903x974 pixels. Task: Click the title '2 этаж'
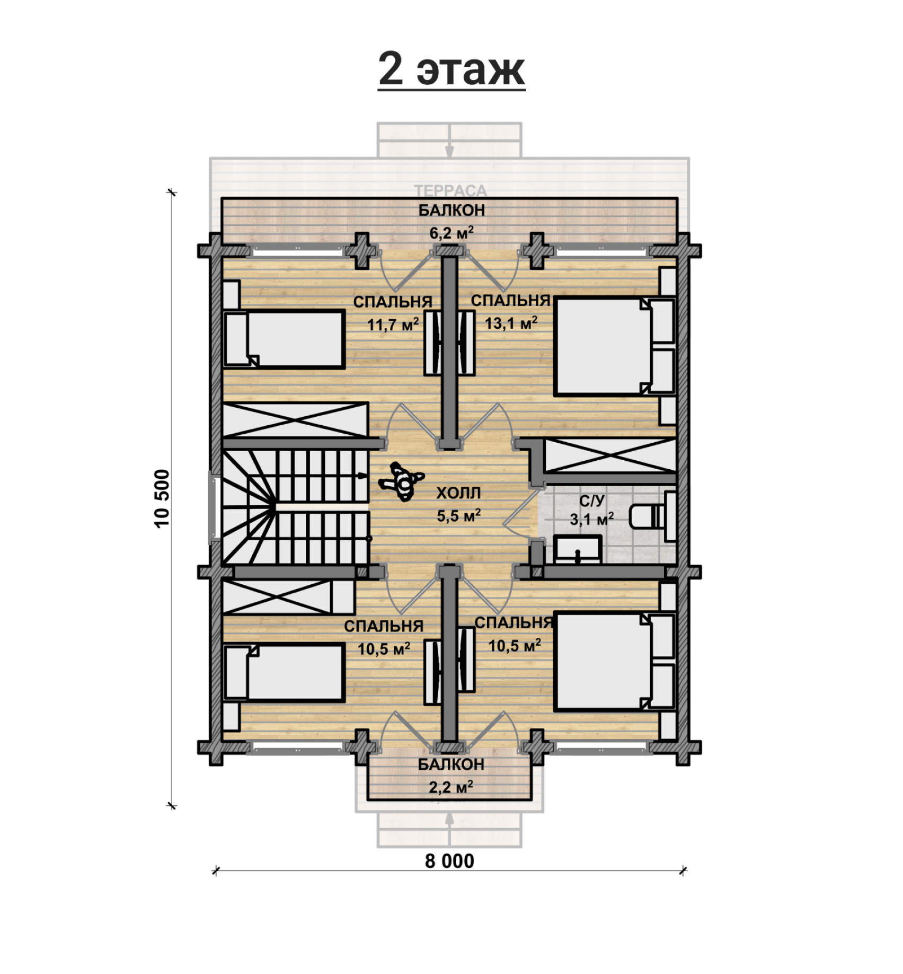[451, 70]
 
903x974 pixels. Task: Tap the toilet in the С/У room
[648, 516]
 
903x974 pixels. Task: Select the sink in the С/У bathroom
[577, 549]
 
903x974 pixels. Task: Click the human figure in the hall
[401, 481]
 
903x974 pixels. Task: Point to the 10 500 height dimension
[162, 498]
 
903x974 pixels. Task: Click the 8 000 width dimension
[449, 861]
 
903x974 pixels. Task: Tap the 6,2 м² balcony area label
[451, 233]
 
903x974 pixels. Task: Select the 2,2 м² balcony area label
[451, 787]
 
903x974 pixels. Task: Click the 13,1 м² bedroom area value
[511, 322]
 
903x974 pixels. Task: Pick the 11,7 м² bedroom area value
[393, 324]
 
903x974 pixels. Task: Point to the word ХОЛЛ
[458, 493]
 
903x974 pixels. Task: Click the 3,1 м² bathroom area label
[592, 519]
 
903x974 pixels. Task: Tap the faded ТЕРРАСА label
[450, 191]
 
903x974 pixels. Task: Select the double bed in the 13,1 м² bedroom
[615, 346]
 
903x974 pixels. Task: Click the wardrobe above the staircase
[295, 420]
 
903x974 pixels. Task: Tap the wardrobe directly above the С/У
[610, 455]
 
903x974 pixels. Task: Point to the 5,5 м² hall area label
[459, 515]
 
